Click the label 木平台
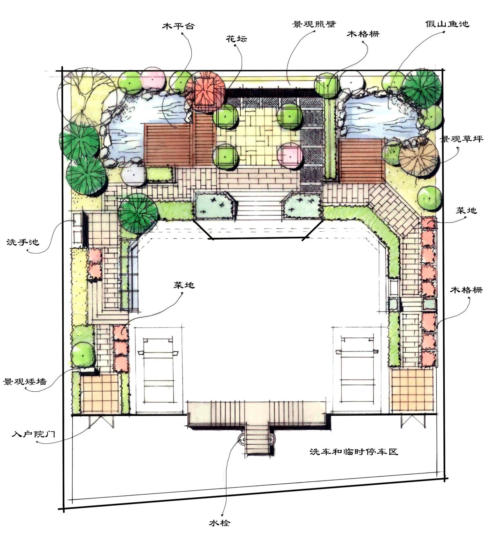[178, 26]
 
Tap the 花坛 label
[237, 39]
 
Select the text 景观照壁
[314, 24]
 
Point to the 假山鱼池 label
[447, 24]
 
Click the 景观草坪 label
[461, 139]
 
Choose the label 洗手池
[23, 242]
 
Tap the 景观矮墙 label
[25, 381]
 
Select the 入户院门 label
[34, 434]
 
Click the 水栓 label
[220, 523]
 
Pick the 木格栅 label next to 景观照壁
[363, 34]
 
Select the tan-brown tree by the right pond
[418, 157]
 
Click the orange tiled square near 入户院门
[99, 394]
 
